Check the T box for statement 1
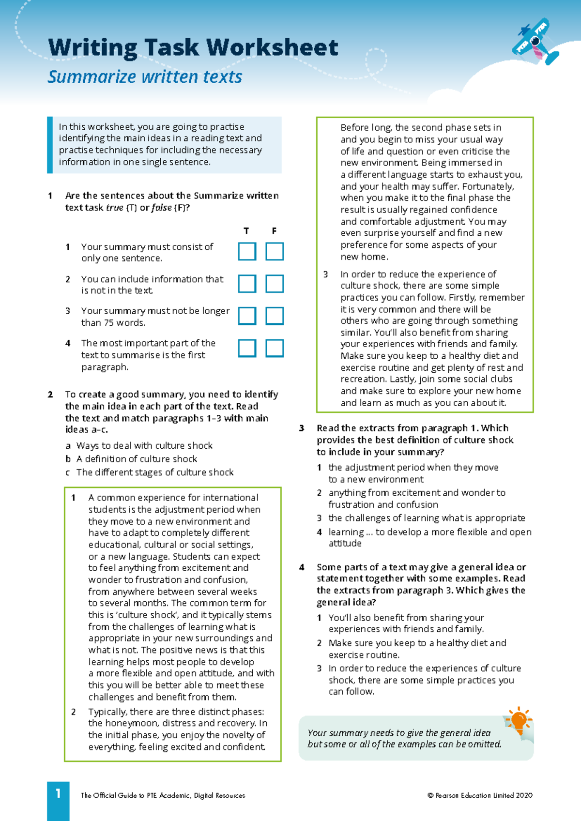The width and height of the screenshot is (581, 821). pos(247,252)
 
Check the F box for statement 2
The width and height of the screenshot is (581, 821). pos(275,284)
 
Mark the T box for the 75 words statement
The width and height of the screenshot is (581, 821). pos(247,316)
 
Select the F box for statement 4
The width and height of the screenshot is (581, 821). pos(275,348)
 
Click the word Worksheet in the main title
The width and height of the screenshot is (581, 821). pos(273,47)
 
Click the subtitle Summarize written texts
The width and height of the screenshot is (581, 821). pos(145,77)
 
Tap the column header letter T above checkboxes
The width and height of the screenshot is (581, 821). pos(246,231)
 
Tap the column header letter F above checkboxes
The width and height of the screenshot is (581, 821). pos(274,231)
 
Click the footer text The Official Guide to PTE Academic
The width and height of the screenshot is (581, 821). pos(163,795)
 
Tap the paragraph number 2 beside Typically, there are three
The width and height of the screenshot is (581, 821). pos(74,712)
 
